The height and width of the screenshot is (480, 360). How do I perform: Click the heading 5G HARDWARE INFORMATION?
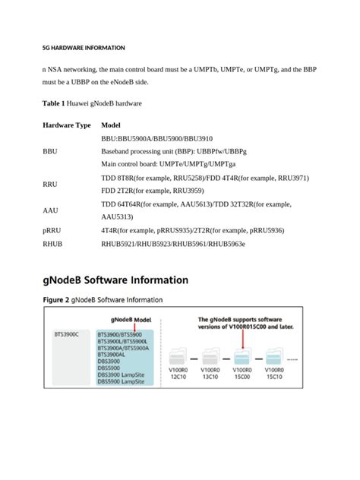(x=84, y=48)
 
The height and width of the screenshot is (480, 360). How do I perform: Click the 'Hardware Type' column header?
(x=67, y=125)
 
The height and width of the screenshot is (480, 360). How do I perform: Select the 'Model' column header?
(x=111, y=125)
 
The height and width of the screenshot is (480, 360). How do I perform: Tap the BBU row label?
(x=49, y=151)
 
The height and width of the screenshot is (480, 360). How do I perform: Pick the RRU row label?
(x=49, y=185)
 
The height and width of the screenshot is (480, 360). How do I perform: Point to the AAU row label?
(x=49, y=210)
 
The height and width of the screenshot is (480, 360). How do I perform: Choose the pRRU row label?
(x=52, y=230)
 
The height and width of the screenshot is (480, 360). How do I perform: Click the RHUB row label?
(x=52, y=244)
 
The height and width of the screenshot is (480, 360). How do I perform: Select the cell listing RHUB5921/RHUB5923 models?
(x=173, y=244)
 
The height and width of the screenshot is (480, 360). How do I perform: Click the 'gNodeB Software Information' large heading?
(x=115, y=280)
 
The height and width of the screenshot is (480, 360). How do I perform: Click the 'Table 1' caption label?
(x=55, y=103)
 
